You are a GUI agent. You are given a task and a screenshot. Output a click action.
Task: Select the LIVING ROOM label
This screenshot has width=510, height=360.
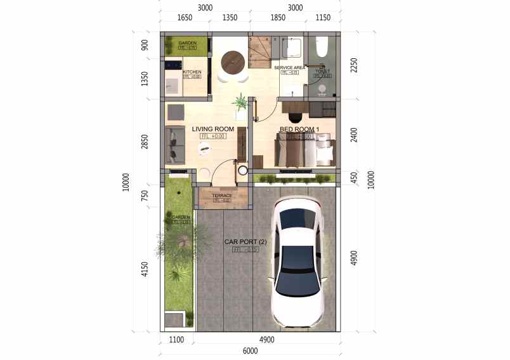pos(213,129)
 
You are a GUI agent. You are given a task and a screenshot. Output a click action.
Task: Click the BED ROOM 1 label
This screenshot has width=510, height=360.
pos(299,129)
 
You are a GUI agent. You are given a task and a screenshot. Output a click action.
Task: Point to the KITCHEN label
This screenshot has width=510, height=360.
pos(192,72)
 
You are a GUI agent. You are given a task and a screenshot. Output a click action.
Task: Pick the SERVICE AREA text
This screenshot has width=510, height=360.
pos(291,67)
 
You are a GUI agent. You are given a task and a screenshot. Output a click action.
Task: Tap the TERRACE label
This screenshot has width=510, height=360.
pos(222,196)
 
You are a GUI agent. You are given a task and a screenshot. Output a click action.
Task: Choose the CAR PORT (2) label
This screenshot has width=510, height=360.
pos(245,242)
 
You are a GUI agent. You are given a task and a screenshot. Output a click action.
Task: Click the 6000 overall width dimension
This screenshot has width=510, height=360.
pos(250,351)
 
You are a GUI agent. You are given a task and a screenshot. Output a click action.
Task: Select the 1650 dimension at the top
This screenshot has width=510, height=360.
pos(185,18)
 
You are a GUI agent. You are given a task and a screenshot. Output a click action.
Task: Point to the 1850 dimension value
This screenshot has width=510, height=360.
pos(278,18)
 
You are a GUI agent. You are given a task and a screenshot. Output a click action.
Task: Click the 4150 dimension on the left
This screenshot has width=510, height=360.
pos(145,269)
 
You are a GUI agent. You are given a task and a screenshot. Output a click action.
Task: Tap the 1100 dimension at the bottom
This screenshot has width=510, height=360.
pos(176,340)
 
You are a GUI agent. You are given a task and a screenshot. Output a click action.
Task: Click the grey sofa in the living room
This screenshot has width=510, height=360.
pos(174,145)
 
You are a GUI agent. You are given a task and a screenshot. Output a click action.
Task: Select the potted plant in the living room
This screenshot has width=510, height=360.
pos(240,103)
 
